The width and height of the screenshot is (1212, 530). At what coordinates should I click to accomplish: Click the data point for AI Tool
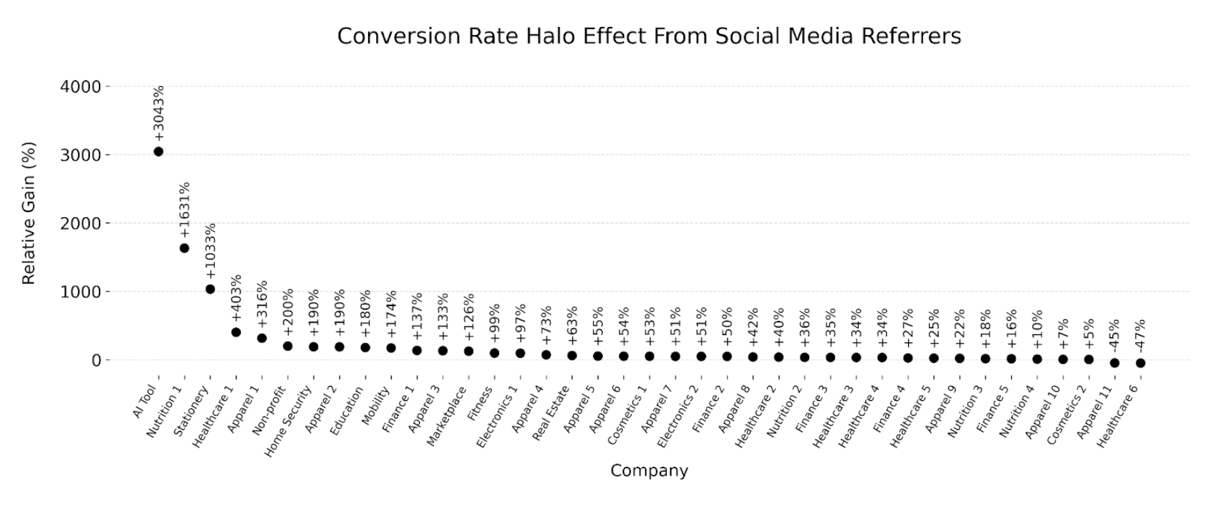tap(159, 151)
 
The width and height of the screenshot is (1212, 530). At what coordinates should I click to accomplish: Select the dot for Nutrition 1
tap(184, 248)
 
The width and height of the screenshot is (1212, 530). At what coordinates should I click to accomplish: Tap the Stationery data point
tap(210, 289)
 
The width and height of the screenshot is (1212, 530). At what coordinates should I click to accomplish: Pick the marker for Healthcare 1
tap(236, 332)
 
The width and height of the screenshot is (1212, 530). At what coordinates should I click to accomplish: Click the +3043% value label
tap(159, 113)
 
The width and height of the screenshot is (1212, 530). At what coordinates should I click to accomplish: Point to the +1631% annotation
tap(185, 210)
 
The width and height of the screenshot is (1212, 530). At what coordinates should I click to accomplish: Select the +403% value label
tap(236, 298)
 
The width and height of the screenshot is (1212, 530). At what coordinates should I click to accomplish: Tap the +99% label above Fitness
tap(494, 324)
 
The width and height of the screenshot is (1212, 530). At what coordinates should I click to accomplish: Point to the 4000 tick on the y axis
tap(80, 87)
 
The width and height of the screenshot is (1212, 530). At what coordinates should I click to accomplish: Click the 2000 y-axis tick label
tap(80, 223)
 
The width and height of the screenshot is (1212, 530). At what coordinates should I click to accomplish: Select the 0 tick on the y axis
tap(96, 361)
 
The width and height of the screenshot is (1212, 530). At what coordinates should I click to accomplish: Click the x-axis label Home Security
tap(288, 421)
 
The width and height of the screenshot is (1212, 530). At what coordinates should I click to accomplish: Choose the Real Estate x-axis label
tap(551, 413)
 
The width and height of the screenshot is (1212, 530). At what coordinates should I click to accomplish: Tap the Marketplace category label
tap(446, 416)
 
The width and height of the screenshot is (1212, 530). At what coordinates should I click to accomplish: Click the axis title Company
tap(649, 471)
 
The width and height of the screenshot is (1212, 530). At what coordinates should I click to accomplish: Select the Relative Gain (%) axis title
tap(28, 213)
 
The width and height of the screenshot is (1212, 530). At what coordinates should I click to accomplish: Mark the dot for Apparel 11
tap(1115, 363)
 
